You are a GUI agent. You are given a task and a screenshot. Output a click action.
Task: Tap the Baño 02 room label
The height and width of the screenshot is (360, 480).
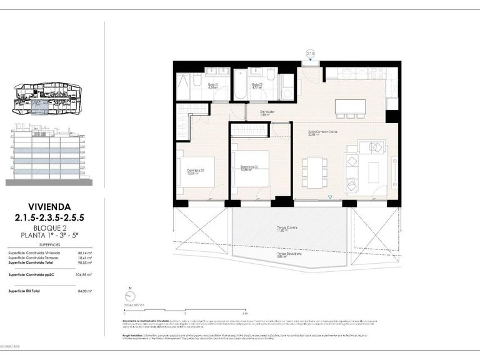[x=257, y=86]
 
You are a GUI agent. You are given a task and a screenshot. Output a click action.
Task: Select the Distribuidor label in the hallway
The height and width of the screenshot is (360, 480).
[x=268, y=114]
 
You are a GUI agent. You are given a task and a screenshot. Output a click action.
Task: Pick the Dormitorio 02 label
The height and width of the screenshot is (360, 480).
[x=250, y=167]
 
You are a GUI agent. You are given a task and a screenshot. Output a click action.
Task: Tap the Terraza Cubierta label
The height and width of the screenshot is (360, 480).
[x=287, y=229]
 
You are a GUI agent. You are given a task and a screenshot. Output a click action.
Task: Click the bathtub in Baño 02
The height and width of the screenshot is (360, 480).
[x=241, y=87]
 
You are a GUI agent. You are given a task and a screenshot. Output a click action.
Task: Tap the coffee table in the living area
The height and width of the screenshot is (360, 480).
[x=373, y=170]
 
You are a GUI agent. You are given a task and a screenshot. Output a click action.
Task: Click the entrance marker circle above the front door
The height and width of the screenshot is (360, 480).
[x=310, y=52]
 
